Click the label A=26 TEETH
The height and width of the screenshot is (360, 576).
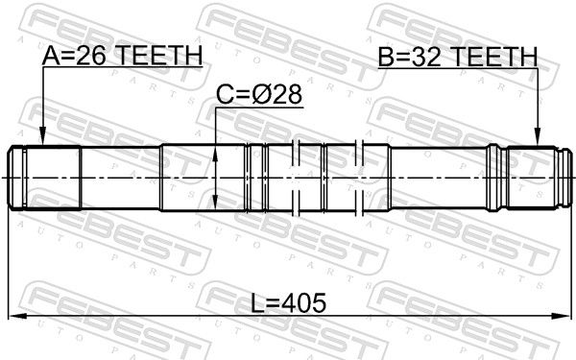pos(122,56)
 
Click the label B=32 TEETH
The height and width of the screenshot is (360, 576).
pos(458,57)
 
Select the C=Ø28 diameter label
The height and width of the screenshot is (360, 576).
pos(259,94)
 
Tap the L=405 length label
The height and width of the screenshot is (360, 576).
pos(288,303)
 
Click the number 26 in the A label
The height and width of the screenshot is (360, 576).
pos(91,56)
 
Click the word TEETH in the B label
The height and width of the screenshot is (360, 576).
pos(494,57)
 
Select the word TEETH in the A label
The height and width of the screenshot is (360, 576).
pos(159,56)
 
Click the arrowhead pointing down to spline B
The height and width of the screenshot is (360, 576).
pos(538,136)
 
